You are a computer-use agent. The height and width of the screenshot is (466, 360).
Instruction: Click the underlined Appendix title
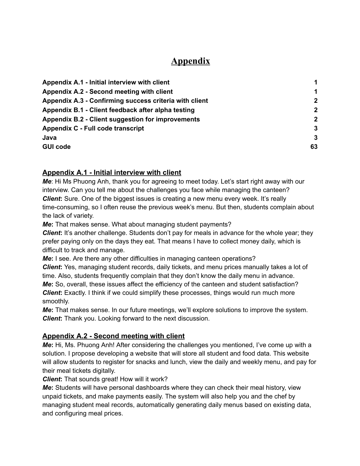click(x=190, y=61)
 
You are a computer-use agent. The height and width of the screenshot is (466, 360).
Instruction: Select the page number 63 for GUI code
click(x=314, y=147)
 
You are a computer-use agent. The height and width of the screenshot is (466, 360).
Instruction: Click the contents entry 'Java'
click(x=49, y=138)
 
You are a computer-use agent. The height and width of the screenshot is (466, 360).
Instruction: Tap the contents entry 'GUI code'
click(x=56, y=147)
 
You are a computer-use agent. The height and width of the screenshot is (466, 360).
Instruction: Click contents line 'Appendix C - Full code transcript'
click(x=93, y=129)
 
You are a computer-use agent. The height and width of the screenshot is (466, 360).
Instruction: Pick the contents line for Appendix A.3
click(x=125, y=101)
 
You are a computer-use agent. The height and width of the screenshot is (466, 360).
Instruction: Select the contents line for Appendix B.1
click(x=118, y=110)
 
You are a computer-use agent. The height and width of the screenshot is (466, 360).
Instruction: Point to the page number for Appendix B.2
click(x=316, y=119)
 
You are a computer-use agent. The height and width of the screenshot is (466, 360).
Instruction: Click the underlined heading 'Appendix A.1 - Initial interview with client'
click(x=112, y=173)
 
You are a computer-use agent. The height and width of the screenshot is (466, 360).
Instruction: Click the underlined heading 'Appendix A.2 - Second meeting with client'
click(x=113, y=336)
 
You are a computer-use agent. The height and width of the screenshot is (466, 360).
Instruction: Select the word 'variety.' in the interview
click(x=83, y=216)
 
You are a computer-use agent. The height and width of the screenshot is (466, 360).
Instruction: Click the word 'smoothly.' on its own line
click(x=56, y=301)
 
